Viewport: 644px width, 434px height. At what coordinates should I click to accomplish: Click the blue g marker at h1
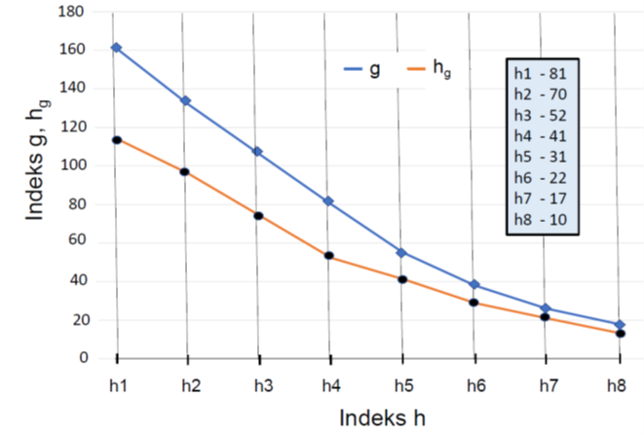116,48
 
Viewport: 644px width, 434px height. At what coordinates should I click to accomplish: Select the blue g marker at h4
328,201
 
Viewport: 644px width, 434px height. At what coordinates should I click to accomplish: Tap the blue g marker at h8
619,324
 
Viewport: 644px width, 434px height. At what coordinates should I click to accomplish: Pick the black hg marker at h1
116,140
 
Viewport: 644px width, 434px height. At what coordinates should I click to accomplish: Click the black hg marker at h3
258,215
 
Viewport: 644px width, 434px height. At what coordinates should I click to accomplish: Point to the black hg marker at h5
401,279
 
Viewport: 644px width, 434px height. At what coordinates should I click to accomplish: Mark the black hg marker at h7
545,317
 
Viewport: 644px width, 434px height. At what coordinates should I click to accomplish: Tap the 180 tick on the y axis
74,13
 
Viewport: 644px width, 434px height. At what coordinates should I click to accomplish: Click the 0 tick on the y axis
84,358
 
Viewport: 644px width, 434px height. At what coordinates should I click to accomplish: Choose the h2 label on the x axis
191,385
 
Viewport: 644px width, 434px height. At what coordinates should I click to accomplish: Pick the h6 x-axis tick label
474,385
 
